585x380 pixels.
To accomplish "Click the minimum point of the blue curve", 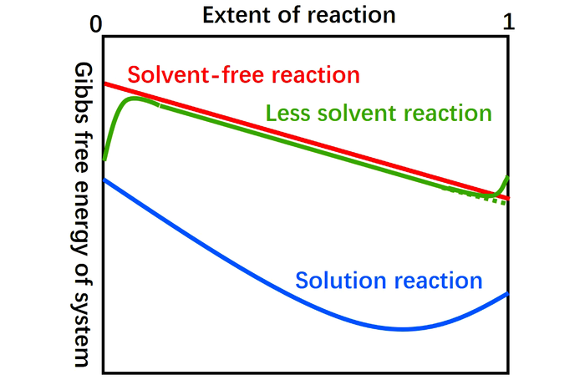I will click(x=404, y=329).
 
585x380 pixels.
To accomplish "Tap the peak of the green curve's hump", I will click(x=135, y=99).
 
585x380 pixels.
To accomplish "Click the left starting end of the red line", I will click(x=104, y=84).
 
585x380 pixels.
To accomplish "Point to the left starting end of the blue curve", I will click(x=104, y=180).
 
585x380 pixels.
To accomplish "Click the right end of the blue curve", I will click(x=507, y=293).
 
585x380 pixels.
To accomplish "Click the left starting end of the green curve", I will click(x=104, y=158).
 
